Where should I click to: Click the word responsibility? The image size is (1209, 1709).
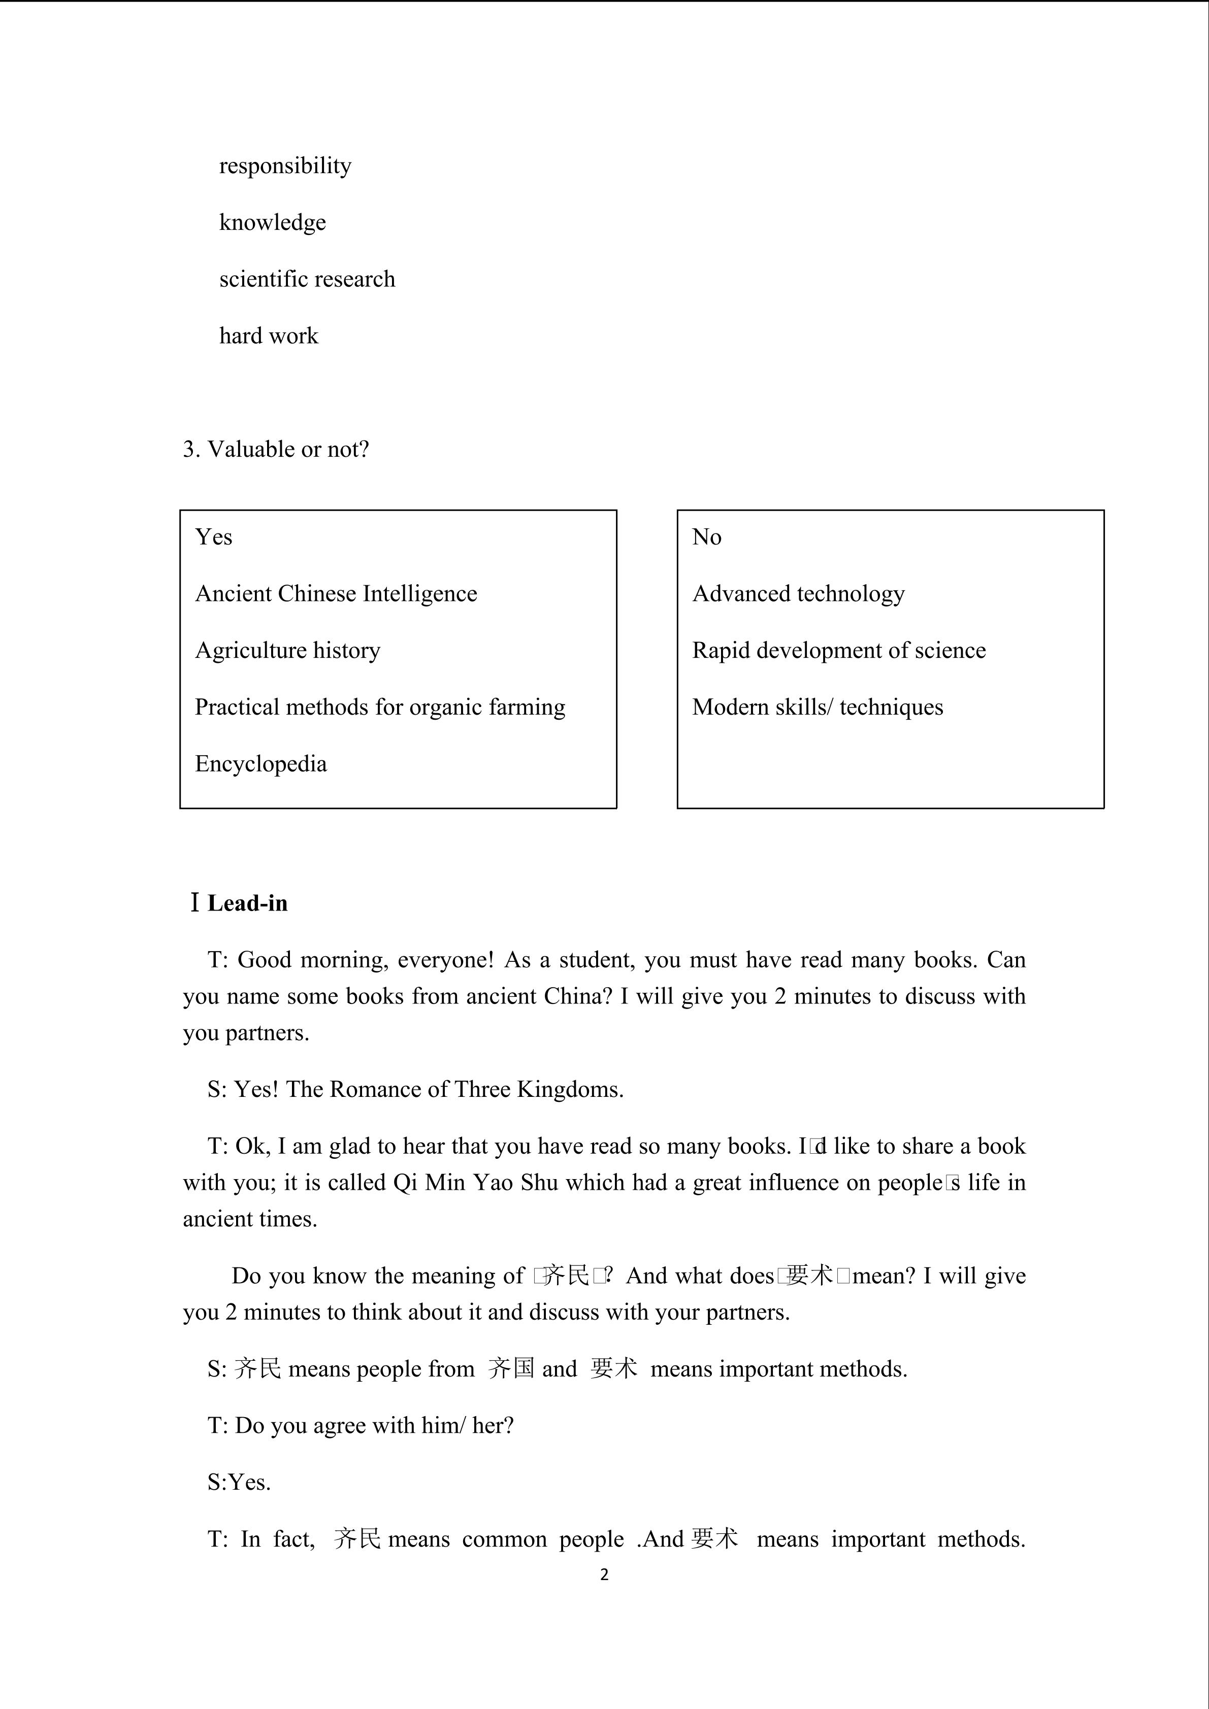click(285, 166)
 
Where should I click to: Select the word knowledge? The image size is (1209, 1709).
click(273, 222)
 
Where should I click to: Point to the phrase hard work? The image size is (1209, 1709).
click(268, 336)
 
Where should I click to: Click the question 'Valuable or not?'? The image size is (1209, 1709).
click(287, 450)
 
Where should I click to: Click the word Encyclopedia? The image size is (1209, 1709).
click(260, 764)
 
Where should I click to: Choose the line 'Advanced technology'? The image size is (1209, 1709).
click(798, 594)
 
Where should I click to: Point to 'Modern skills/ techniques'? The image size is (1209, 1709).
click(818, 707)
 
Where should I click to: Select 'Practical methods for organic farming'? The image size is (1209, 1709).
click(380, 707)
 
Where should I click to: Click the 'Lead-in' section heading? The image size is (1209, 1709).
click(247, 903)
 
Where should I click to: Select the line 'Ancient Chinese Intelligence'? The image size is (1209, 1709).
click(336, 594)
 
